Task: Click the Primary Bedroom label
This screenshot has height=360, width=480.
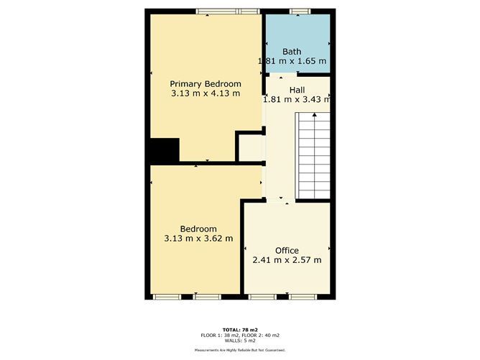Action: coord(206,84)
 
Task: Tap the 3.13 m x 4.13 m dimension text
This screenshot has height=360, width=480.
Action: coord(206,93)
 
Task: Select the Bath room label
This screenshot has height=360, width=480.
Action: coord(292,51)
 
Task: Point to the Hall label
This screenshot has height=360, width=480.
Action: coord(297,90)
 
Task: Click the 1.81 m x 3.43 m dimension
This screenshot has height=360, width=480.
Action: coord(297,99)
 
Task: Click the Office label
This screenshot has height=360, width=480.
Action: coord(287,251)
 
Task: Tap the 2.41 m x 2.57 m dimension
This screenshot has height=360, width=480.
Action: coord(287,260)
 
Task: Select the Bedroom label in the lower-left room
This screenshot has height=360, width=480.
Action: coord(198,229)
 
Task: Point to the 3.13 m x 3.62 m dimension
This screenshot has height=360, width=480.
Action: coord(198,239)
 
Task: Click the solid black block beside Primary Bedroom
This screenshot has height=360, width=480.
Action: coord(163,150)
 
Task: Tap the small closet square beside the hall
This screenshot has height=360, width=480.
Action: coord(249,147)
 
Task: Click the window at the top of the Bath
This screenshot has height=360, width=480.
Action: coord(299,10)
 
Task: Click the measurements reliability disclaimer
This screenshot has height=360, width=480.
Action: coord(240,350)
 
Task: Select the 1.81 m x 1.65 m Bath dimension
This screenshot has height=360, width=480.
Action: coord(292,61)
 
